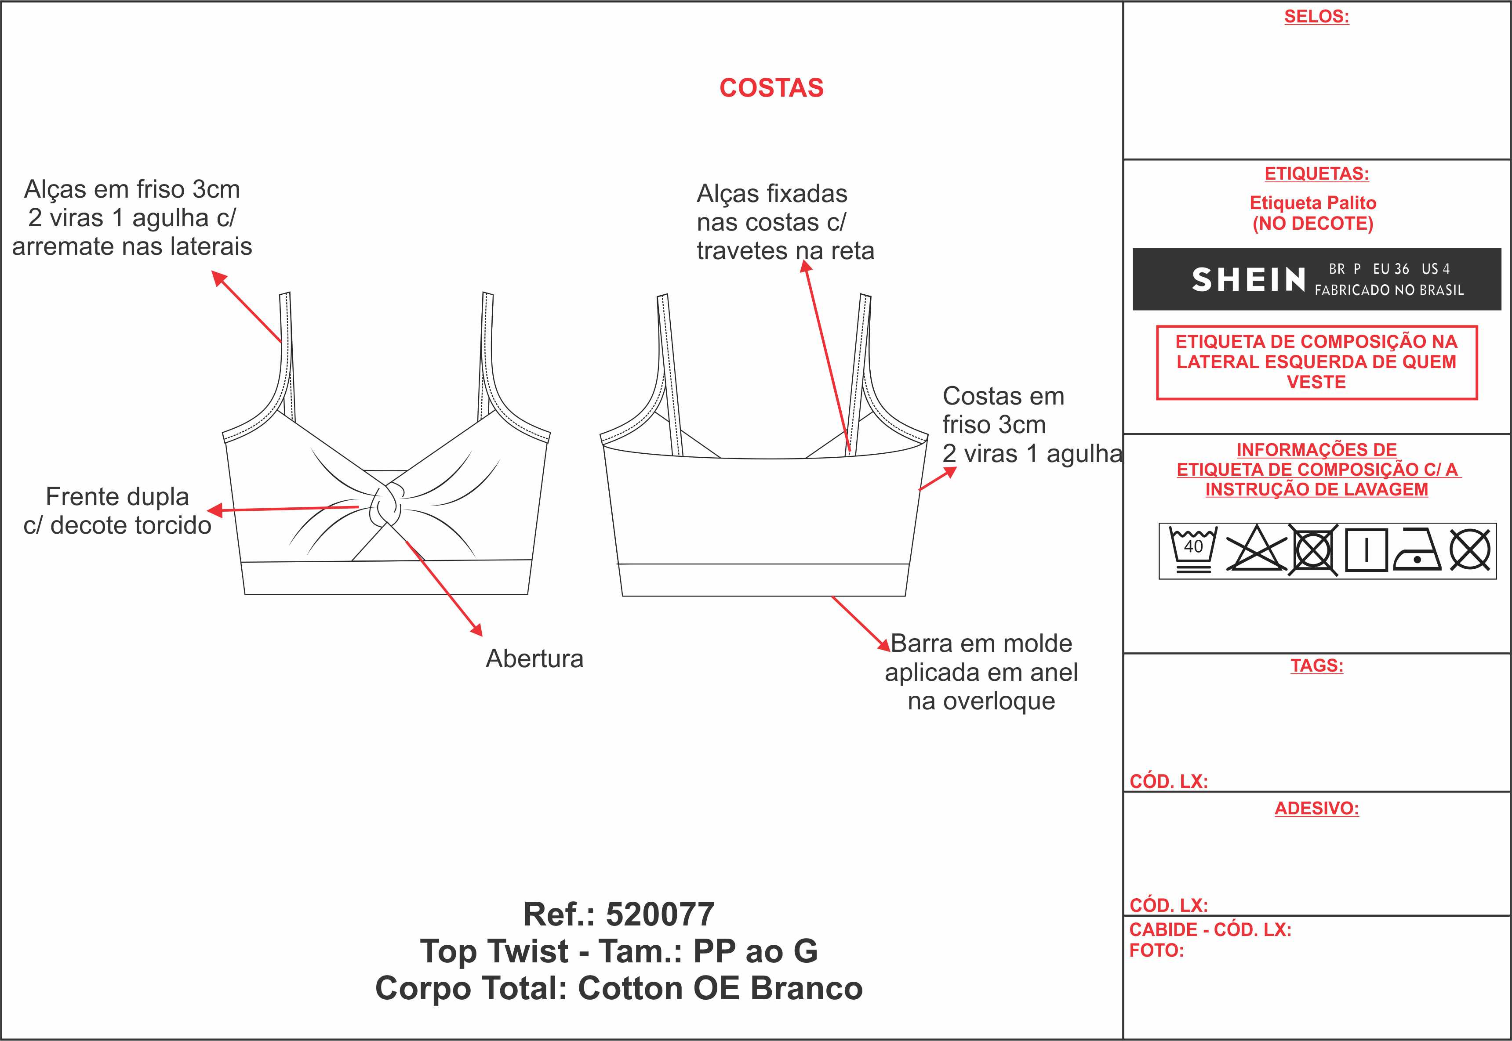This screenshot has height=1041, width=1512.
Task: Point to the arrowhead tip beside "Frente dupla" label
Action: click(207, 511)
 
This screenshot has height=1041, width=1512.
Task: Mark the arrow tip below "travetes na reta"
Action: click(805, 260)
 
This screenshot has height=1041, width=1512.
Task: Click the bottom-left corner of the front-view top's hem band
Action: click(245, 594)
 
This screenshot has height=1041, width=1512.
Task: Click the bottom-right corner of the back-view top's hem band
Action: click(905, 596)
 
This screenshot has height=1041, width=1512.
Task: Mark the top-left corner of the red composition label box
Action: click(1157, 326)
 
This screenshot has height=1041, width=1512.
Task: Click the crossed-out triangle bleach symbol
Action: click(1256, 549)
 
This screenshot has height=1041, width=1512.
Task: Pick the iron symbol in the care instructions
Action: click(1417, 550)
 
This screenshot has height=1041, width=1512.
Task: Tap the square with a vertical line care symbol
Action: click(1366, 550)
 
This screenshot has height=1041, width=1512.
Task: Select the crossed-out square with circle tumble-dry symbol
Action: click(1313, 550)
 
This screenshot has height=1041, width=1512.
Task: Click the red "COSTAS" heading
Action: click(771, 88)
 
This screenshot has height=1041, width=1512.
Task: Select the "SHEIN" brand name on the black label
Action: click(1248, 280)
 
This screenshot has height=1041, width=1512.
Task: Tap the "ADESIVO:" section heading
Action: click(1316, 809)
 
